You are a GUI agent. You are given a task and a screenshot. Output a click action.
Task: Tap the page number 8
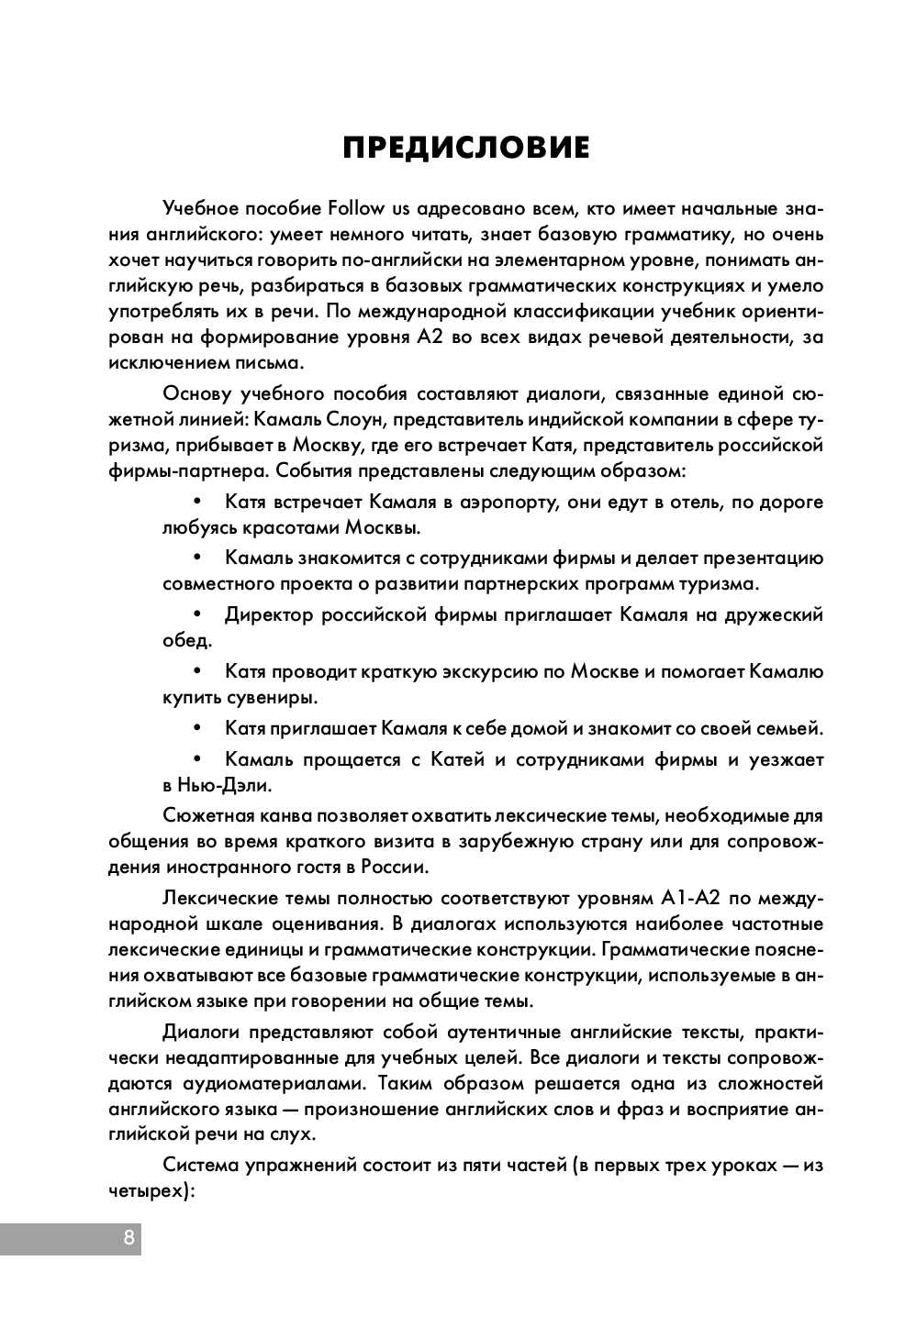128,1237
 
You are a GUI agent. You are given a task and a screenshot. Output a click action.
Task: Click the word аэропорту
487,502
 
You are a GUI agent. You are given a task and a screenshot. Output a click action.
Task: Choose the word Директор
268,614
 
